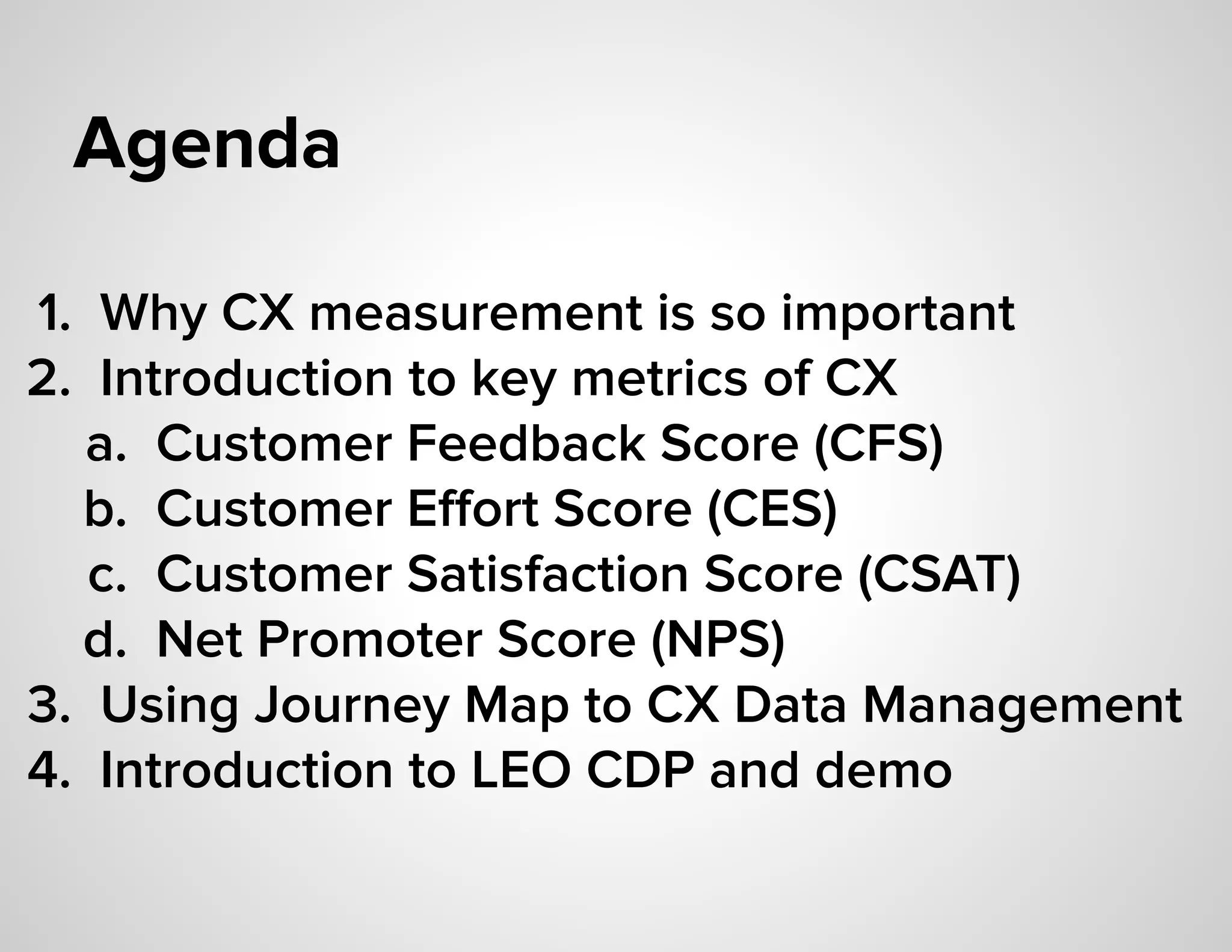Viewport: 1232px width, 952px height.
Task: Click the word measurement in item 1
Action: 475,314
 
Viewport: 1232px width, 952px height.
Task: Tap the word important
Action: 898,315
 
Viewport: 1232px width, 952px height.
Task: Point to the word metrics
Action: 660,379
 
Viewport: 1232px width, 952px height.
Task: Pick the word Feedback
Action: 526,444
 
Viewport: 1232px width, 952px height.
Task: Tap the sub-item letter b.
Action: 105,510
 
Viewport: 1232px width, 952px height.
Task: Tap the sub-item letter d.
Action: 105,640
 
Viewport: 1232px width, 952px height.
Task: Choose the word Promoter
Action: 369,640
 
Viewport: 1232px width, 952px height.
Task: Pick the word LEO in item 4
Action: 521,771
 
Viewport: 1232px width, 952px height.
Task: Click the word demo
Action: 883,771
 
